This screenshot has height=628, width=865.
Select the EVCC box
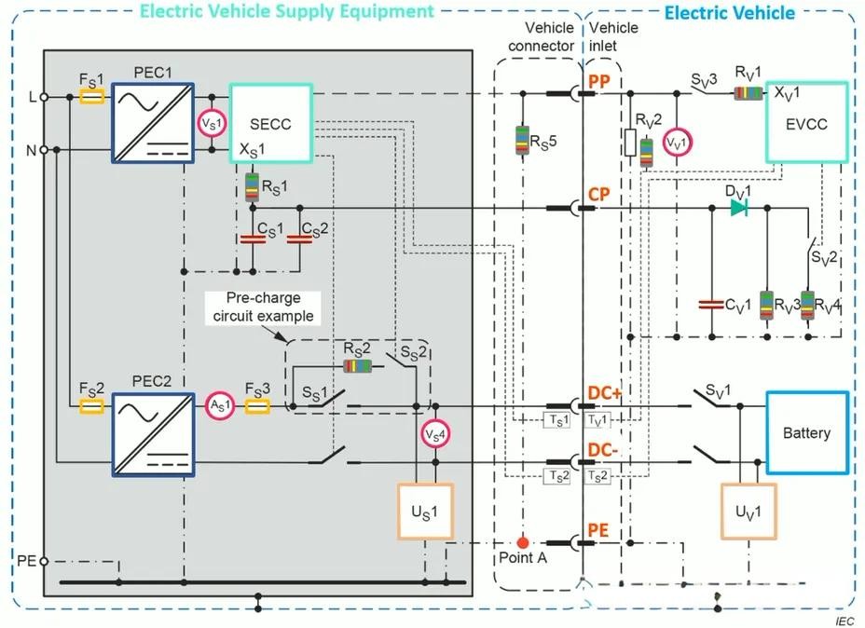(806, 124)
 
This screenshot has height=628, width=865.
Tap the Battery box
(806, 432)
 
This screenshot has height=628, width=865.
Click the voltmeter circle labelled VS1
(211, 124)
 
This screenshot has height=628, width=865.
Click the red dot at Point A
(522, 541)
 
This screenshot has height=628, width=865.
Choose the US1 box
(425, 512)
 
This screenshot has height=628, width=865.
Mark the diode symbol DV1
(737, 208)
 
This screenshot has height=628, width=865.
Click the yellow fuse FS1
(91, 95)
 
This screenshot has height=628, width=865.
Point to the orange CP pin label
(597, 194)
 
